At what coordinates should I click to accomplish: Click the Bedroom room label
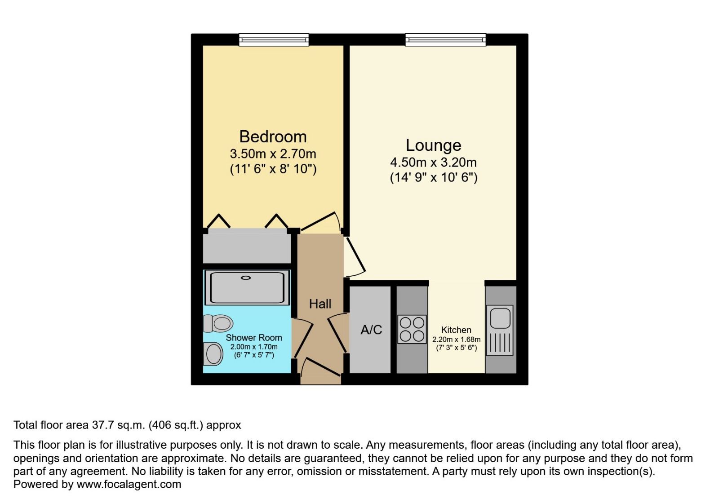click(273, 137)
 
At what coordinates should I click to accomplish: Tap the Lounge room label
click(433, 145)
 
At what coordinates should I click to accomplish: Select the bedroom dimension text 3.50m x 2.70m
click(273, 154)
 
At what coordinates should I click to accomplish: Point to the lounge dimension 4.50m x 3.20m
click(433, 162)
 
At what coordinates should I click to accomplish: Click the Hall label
click(320, 304)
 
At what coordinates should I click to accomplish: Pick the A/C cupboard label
click(371, 330)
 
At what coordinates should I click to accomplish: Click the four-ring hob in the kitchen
click(412, 329)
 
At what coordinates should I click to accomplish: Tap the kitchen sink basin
click(500, 318)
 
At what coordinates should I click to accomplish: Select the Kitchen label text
click(456, 330)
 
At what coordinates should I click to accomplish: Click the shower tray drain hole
click(245, 278)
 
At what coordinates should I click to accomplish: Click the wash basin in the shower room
click(214, 354)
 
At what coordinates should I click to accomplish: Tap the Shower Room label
click(254, 338)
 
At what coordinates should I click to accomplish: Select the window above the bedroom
click(274, 40)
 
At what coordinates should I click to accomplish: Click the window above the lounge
click(445, 40)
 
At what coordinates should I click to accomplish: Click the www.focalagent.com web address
click(129, 484)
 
